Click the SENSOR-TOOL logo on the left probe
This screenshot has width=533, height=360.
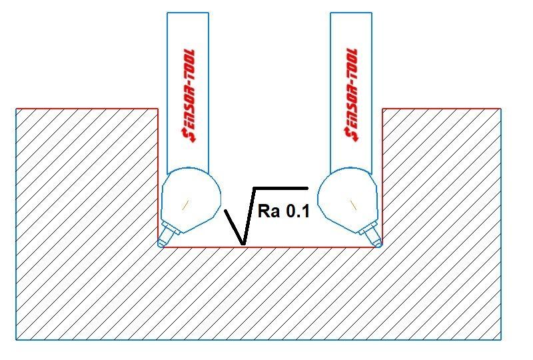pyautogui.click(x=189, y=95)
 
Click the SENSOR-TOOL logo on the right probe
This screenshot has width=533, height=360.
pyautogui.click(x=352, y=95)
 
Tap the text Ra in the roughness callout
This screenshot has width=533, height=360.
pyautogui.click(x=268, y=211)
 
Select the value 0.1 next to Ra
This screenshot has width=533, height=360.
pyautogui.click(x=297, y=211)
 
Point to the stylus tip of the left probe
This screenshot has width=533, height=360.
pyautogui.click(x=161, y=243)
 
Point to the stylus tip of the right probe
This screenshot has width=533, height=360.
pyautogui.click(x=378, y=243)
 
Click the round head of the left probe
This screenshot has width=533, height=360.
pyautogui.click(x=191, y=199)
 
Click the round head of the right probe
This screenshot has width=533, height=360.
pyautogui.click(x=347, y=199)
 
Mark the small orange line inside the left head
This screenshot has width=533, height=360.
pyautogui.click(x=185, y=205)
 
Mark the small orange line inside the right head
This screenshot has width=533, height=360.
pyautogui.click(x=354, y=205)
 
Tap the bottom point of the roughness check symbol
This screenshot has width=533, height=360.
pyautogui.click(x=243, y=244)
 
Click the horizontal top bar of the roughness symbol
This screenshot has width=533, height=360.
pyautogui.click(x=280, y=188)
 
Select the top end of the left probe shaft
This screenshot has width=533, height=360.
pyautogui.click(x=188, y=13)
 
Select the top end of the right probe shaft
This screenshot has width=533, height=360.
pyautogui.click(x=351, y=13)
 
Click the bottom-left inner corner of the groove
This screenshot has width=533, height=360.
pyautogui.click(x=158, y=247)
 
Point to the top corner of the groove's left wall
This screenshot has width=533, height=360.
pyautogui.click(x=158, y=109)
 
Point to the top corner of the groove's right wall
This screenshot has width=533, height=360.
pyautogui.click(x=382, y=109)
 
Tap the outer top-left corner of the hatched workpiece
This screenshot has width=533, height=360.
pyautogui.click(x=16, y=109)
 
